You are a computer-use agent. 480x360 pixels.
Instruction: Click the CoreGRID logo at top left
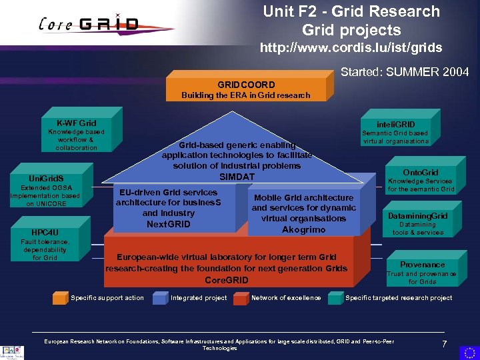(90, 25)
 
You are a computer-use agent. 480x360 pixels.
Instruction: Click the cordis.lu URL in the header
(351, 49)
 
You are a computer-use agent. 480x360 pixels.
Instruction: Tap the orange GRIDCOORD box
(245, 89)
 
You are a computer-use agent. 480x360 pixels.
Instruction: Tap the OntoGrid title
(421, 172)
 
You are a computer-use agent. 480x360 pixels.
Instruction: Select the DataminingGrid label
(418, 216)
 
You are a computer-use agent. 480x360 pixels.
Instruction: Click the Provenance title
(422, 265)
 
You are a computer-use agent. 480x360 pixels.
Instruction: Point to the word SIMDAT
(238, 176)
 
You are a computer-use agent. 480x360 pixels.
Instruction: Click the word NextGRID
(168, 224)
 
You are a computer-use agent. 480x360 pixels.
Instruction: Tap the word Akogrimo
(303, 229)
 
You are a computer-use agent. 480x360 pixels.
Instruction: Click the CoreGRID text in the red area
(226, 280)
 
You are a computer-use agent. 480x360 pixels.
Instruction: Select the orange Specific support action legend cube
(61, 297)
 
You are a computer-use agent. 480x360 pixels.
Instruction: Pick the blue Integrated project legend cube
(159, 297)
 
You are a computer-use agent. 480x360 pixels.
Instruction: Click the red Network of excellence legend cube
(241, 297)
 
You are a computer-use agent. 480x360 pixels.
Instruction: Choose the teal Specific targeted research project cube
(335, 297)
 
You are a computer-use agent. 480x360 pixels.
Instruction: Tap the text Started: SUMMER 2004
(405, 72)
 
